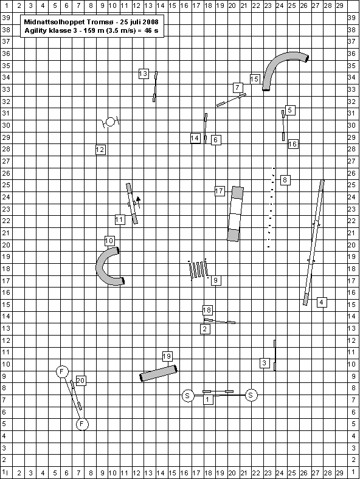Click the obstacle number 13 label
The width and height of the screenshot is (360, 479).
click(x=144, y=74)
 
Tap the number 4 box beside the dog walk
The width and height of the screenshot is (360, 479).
click(x=322, y=302)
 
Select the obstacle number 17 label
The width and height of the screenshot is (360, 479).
click(x=220, y=191)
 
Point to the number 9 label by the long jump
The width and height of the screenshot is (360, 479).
click(x=216, y=280)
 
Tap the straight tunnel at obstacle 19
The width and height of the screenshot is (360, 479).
click(x=159, y=373)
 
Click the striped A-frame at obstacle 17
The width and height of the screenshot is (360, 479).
click(x=235, y=214)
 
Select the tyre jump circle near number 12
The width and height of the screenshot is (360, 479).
click(x=110, y=122)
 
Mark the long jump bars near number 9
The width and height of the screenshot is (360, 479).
click(x=199, y=269)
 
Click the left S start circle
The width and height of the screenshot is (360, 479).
click(x=188, y=396)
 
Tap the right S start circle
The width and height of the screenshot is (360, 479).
click(x=251, y=395)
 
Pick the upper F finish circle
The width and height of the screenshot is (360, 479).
click(x=62, y=372)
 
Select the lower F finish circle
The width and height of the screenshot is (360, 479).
click(x=82, y=424)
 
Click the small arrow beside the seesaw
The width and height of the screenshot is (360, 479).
click(x=138, y=202)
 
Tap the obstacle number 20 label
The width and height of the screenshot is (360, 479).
click(x=80, y=381)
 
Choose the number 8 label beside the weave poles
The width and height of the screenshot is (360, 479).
click(x=285, y=180)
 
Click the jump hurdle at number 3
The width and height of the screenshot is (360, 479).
click(x=275, y=355)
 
